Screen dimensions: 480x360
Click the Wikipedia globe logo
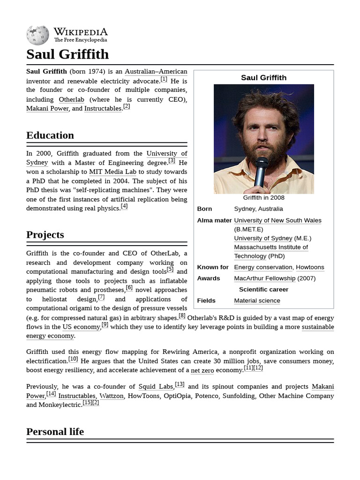tap(37, 35)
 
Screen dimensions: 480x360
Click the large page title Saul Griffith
tap(67, 54)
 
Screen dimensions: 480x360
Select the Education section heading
tap(50, 135)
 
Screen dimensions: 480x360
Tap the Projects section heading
tap(45, 235)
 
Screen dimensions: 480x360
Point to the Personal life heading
tap(55, 432)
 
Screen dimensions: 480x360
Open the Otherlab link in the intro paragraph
tap(72, 99)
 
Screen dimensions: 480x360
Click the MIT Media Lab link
tap(112, 172)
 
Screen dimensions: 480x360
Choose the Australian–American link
tap(156, 72)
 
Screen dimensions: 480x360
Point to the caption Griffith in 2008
tap(263, 198)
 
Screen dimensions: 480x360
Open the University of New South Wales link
tap(277, 220)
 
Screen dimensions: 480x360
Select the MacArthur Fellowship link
tap(264, 278)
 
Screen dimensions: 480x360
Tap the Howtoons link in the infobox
tap(310, 267)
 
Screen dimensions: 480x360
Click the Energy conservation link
tap(263, 267)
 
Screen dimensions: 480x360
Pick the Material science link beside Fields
tap(257, 301)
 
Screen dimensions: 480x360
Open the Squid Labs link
tap(156, 387)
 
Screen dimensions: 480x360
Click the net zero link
tap(202, 370)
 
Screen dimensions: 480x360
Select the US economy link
tap(81, 327)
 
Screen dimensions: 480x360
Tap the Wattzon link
tap(112, 396)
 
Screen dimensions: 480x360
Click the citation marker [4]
tap(124, 206)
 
